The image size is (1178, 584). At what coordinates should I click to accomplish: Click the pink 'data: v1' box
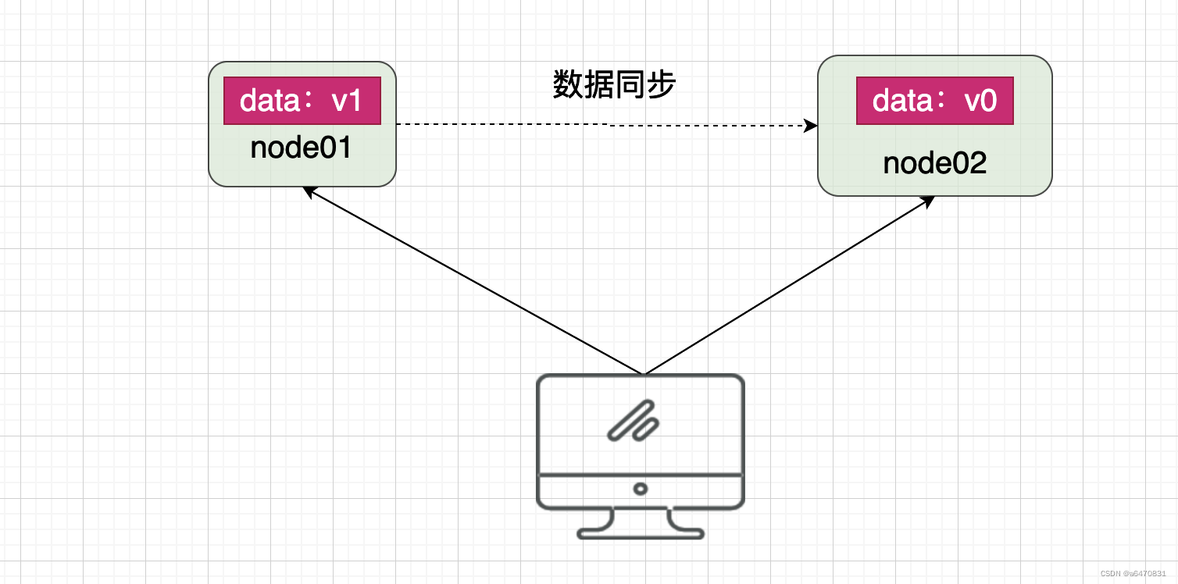point(302,101)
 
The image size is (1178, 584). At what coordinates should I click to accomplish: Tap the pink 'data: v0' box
point(934,101)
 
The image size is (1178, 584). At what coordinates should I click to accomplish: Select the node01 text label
point(301,148)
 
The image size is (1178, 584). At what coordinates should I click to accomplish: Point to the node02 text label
point(934,163)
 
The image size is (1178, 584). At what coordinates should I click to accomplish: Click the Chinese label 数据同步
point(614,84)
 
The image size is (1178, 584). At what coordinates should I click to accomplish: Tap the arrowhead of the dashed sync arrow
point(811,126)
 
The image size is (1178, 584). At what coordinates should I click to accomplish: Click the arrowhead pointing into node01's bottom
point(309,192)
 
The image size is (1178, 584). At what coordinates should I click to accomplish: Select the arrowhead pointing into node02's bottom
point(928,201)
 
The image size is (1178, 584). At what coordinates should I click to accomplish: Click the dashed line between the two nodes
point(607,125)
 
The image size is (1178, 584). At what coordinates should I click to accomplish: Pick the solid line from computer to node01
point(473,281)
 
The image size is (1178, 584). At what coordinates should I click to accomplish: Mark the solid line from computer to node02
point(789,285)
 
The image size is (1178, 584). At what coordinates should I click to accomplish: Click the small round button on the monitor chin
point(640,489)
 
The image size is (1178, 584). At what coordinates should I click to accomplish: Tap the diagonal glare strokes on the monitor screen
point(634,421)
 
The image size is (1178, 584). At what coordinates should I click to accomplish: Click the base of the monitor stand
point(641,534)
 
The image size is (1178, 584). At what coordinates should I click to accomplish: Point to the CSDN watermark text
point(1133,574)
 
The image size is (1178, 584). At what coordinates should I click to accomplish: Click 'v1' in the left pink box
point(346,101)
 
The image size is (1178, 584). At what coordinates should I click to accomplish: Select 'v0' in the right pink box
point(980,101)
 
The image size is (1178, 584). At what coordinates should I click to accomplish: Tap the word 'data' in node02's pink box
point(902,100)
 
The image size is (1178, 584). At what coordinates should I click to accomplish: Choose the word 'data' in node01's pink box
point(270,100)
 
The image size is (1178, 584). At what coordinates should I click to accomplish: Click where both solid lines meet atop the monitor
point(644,374)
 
